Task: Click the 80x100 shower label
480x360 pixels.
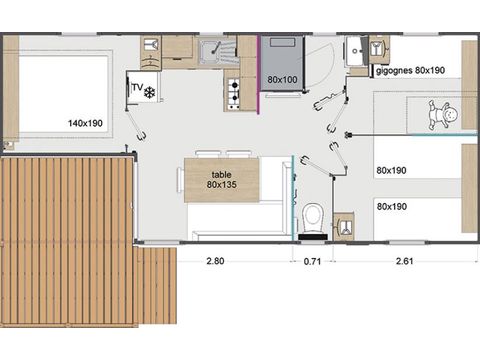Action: (x=282, y=79)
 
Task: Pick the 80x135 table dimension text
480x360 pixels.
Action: (x=221, y=184)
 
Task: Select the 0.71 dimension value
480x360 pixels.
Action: (x=312, y=261)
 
